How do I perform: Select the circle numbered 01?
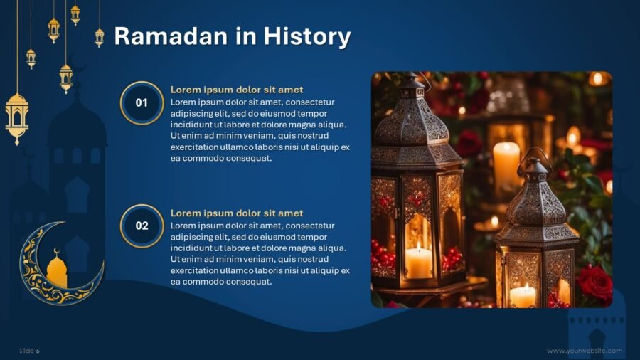pos(142,103)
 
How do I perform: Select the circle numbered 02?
pos(142,226)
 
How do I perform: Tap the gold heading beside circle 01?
pos(237,90)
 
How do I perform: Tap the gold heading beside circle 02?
pos(237,213)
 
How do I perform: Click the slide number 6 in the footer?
pos(38,351)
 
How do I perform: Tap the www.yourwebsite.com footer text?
pos(585,351)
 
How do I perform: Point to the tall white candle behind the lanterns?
pos(506,165)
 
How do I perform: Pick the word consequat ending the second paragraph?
pos(249,282)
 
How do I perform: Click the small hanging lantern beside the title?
pos(100,36)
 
